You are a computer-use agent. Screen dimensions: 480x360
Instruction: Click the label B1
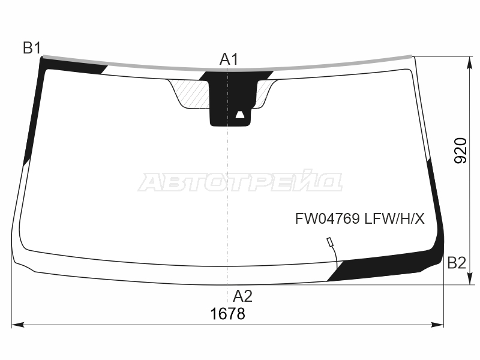[x=32, y=48]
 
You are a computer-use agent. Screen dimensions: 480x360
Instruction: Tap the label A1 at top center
[x=229, y=59]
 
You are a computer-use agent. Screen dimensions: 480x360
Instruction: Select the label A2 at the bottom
[x=242, y=296]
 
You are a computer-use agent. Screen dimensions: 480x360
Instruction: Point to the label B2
[x=457, y=263]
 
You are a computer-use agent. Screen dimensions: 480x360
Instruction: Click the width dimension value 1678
[x=228, y=314]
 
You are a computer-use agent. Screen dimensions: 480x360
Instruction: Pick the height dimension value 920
[x=460, y=151]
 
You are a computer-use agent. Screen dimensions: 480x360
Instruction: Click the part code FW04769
[x=327, y=219]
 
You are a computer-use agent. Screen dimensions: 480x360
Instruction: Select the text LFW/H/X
[x=394, y=219]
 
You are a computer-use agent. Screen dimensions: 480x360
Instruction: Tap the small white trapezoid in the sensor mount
[x=239, y=115]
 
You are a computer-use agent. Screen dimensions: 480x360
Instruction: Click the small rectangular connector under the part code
[x=330, y=242]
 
